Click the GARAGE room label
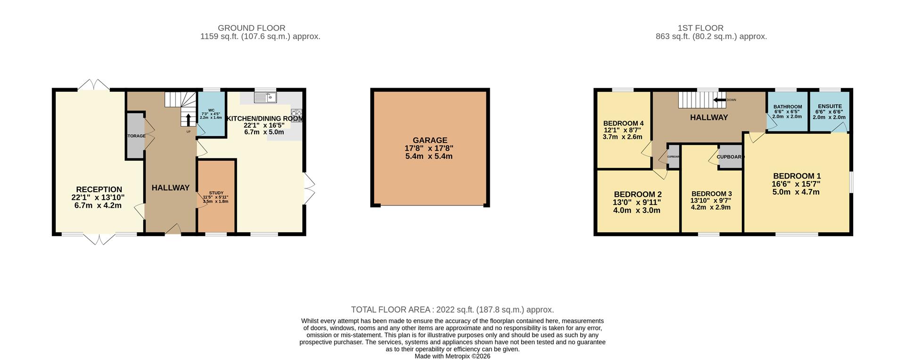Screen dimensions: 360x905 click(429, 140)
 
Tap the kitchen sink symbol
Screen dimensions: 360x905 click(265, 98)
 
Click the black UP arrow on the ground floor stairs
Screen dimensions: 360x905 click(188, 120)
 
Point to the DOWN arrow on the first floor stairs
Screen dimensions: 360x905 click(719, 100)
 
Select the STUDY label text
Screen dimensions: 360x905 click(216, 193)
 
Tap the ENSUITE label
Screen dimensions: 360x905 click(829, 106)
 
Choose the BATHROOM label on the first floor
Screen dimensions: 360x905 click(787, 107)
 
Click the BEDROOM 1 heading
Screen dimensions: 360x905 click(796, 176)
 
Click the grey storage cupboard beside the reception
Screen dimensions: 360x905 click(135, 136)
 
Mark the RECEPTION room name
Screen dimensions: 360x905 click(99, 189)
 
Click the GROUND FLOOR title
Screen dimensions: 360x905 click(251, 28)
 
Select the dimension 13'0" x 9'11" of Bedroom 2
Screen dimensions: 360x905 click(637, 203)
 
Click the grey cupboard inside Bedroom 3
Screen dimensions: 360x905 click(729, 160)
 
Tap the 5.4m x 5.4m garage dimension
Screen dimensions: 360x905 click(429, 156)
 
